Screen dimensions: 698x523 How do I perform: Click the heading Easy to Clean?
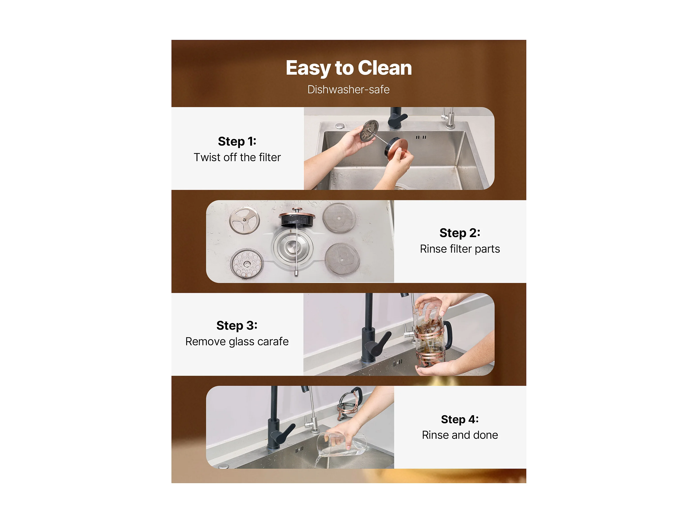[349, 68]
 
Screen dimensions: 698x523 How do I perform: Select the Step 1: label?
[237, 141]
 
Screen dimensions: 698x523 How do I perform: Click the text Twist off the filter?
[237, 157]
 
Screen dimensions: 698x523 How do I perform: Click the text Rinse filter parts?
[460, 249]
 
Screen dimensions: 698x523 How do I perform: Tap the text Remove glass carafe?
[237, 341]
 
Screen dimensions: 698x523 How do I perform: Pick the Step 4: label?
[460, 419]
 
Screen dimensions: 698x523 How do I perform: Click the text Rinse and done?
[460, 435]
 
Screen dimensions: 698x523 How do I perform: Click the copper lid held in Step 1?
[396, 147]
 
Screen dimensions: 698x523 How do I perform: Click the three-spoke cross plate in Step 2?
[244, 220]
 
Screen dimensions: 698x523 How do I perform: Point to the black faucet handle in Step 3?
[382, 343]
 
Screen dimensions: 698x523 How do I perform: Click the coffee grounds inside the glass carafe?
[429, 326]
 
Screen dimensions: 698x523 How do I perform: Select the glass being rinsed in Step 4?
[342, 444]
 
